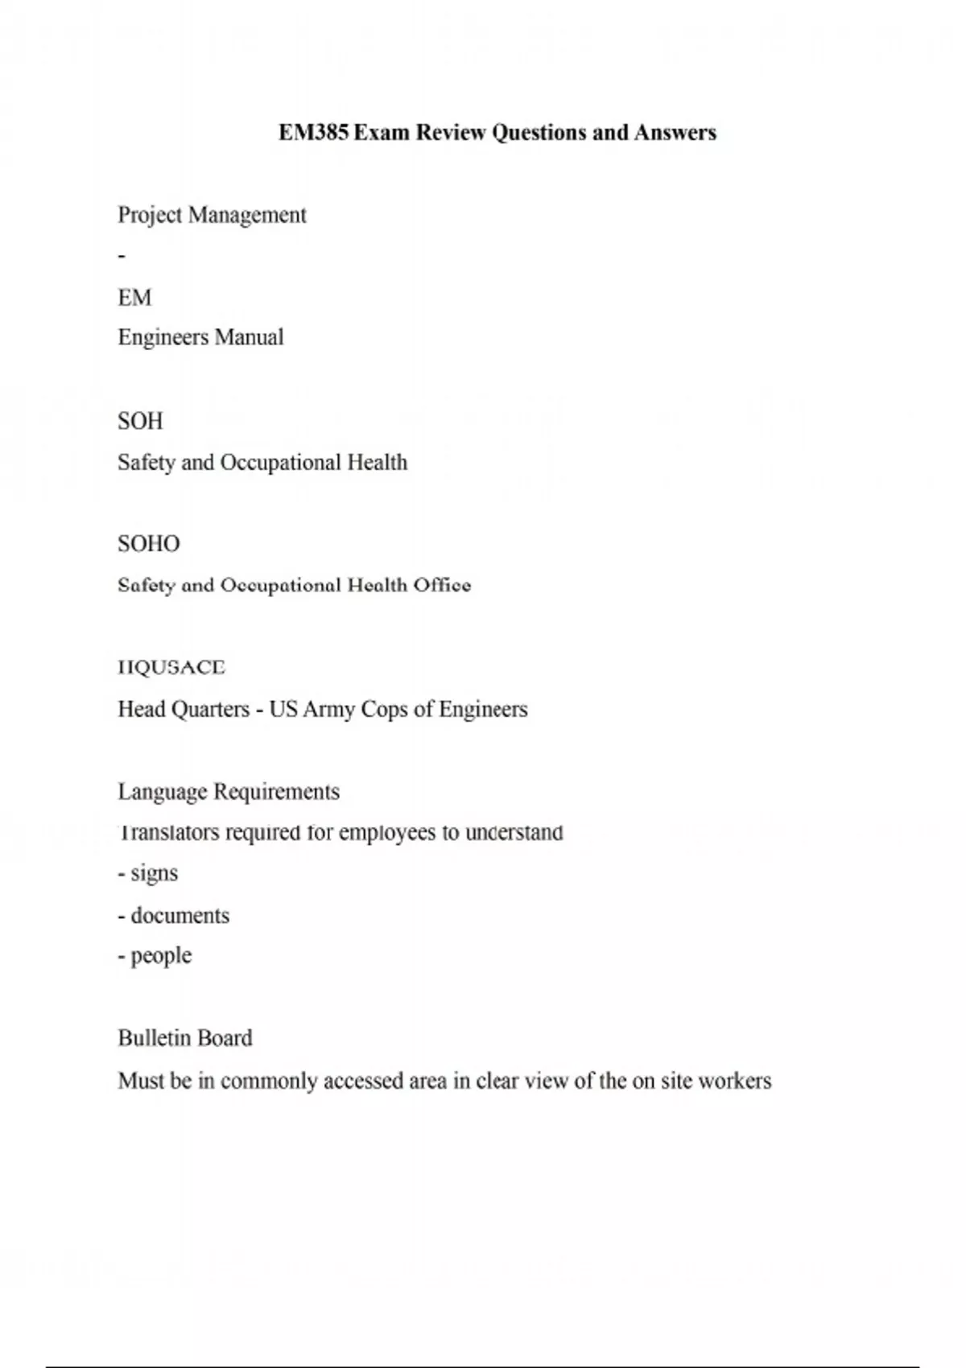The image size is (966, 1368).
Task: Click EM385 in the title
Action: pos(314,133)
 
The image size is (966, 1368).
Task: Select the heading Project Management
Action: pos(212,216)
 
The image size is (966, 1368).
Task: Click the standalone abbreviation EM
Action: pos(134,299)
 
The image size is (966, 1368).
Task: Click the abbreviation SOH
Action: pos(140,422)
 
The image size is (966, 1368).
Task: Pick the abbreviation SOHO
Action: pos(149,545)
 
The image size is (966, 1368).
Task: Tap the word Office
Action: pos(442,586)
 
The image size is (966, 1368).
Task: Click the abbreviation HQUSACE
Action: pos(171,668)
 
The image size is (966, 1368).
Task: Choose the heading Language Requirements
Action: pos(229,793)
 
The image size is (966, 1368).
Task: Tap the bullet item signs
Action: pos(154,874)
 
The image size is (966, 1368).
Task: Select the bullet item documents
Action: pos(180,916)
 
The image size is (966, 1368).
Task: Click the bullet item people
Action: pos(161,956)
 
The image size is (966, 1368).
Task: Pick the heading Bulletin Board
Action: pos(185,1039)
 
